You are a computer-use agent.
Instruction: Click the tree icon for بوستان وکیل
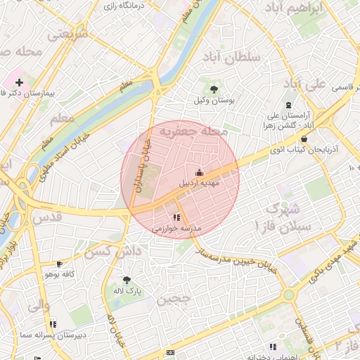pos(213,89)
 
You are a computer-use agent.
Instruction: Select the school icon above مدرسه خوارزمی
pos(176,218)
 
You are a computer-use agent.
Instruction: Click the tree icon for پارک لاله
pos(127,279)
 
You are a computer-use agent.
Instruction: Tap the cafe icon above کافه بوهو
pos(67,264)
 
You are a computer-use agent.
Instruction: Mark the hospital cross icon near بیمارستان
pos(20,82)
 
